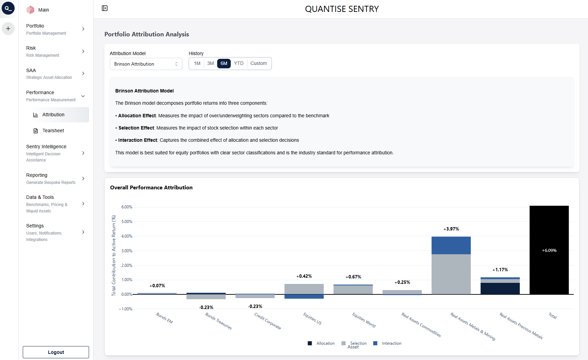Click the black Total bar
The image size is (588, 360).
click(x=549, y=250)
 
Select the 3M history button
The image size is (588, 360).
click(x=210, y=64)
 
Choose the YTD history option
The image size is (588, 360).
click(x=239, y=64)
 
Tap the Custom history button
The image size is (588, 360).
click(x=258, y=64)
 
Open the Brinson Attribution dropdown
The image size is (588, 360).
click(x=146, y=64)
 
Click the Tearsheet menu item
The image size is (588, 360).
click(x=53, y=131)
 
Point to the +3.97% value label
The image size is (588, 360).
click(x=451, y=229)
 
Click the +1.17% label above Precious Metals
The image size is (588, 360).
click(x=500, y=270)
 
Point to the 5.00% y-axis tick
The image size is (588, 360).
click(x=127, y=222)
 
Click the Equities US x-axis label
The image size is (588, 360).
click(x=312, y=319)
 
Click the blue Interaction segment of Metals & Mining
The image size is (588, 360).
click(x=451, y=245)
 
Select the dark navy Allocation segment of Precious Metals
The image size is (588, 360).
click(x=500, y=289)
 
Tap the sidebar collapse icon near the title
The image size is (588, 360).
click(x=105, y=8)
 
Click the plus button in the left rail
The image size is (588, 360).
click(x=8, y=29)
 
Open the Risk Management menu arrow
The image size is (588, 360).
click(x=83, y=51)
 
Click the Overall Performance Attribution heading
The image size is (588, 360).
click(x=151, y=188)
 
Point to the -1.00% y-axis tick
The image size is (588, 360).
click(x=126, y=309)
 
